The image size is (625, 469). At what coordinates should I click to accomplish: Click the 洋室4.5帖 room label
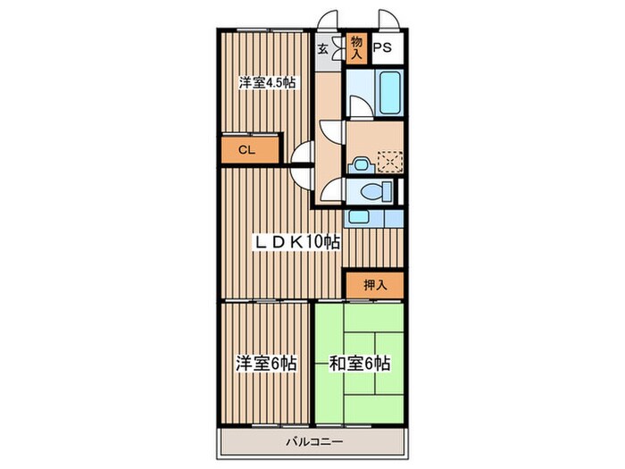267,83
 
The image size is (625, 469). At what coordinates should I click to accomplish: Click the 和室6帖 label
359,364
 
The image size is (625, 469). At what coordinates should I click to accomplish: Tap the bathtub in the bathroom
388,94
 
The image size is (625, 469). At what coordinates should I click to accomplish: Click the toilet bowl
374,191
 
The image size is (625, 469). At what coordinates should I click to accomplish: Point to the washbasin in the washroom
362,163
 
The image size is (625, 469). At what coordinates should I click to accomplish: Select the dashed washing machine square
389,161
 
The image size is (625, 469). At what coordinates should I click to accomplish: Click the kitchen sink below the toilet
357,216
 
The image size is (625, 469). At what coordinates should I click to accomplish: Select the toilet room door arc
329,190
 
